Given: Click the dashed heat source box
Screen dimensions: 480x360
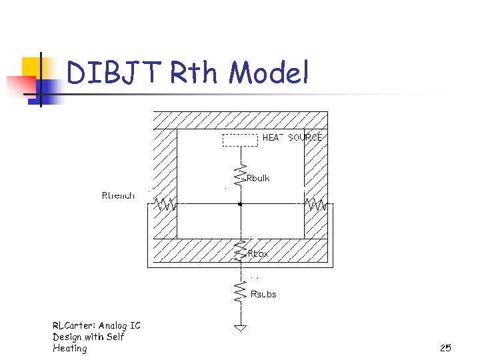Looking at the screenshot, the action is (x=239, y=140).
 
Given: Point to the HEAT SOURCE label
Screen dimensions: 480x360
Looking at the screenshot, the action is (x=292, y=137).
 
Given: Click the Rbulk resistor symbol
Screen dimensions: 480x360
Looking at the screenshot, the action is (x=240, y=175).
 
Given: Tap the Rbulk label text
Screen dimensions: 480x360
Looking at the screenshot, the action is (x=258, y=178).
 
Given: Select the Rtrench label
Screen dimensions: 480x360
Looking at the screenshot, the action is (x=118, y=195).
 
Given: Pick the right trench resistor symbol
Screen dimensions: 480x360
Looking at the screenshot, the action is (x=315, y=205).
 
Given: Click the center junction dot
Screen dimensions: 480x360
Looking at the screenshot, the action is (x=240, y=205).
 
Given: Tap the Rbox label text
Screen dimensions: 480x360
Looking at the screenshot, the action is (x=258, y=254).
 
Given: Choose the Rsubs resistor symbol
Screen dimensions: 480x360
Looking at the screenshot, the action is (x=240, y=291).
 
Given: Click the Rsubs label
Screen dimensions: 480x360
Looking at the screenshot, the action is (x=263, y=294).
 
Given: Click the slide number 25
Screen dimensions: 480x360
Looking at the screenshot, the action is (x=445, y=348).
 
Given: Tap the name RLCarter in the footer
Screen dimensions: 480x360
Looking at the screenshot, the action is (x=75, y=325).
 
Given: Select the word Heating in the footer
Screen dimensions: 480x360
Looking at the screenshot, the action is (x=70, y=348).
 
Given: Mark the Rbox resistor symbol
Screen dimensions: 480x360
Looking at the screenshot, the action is (x=240, y=252).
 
